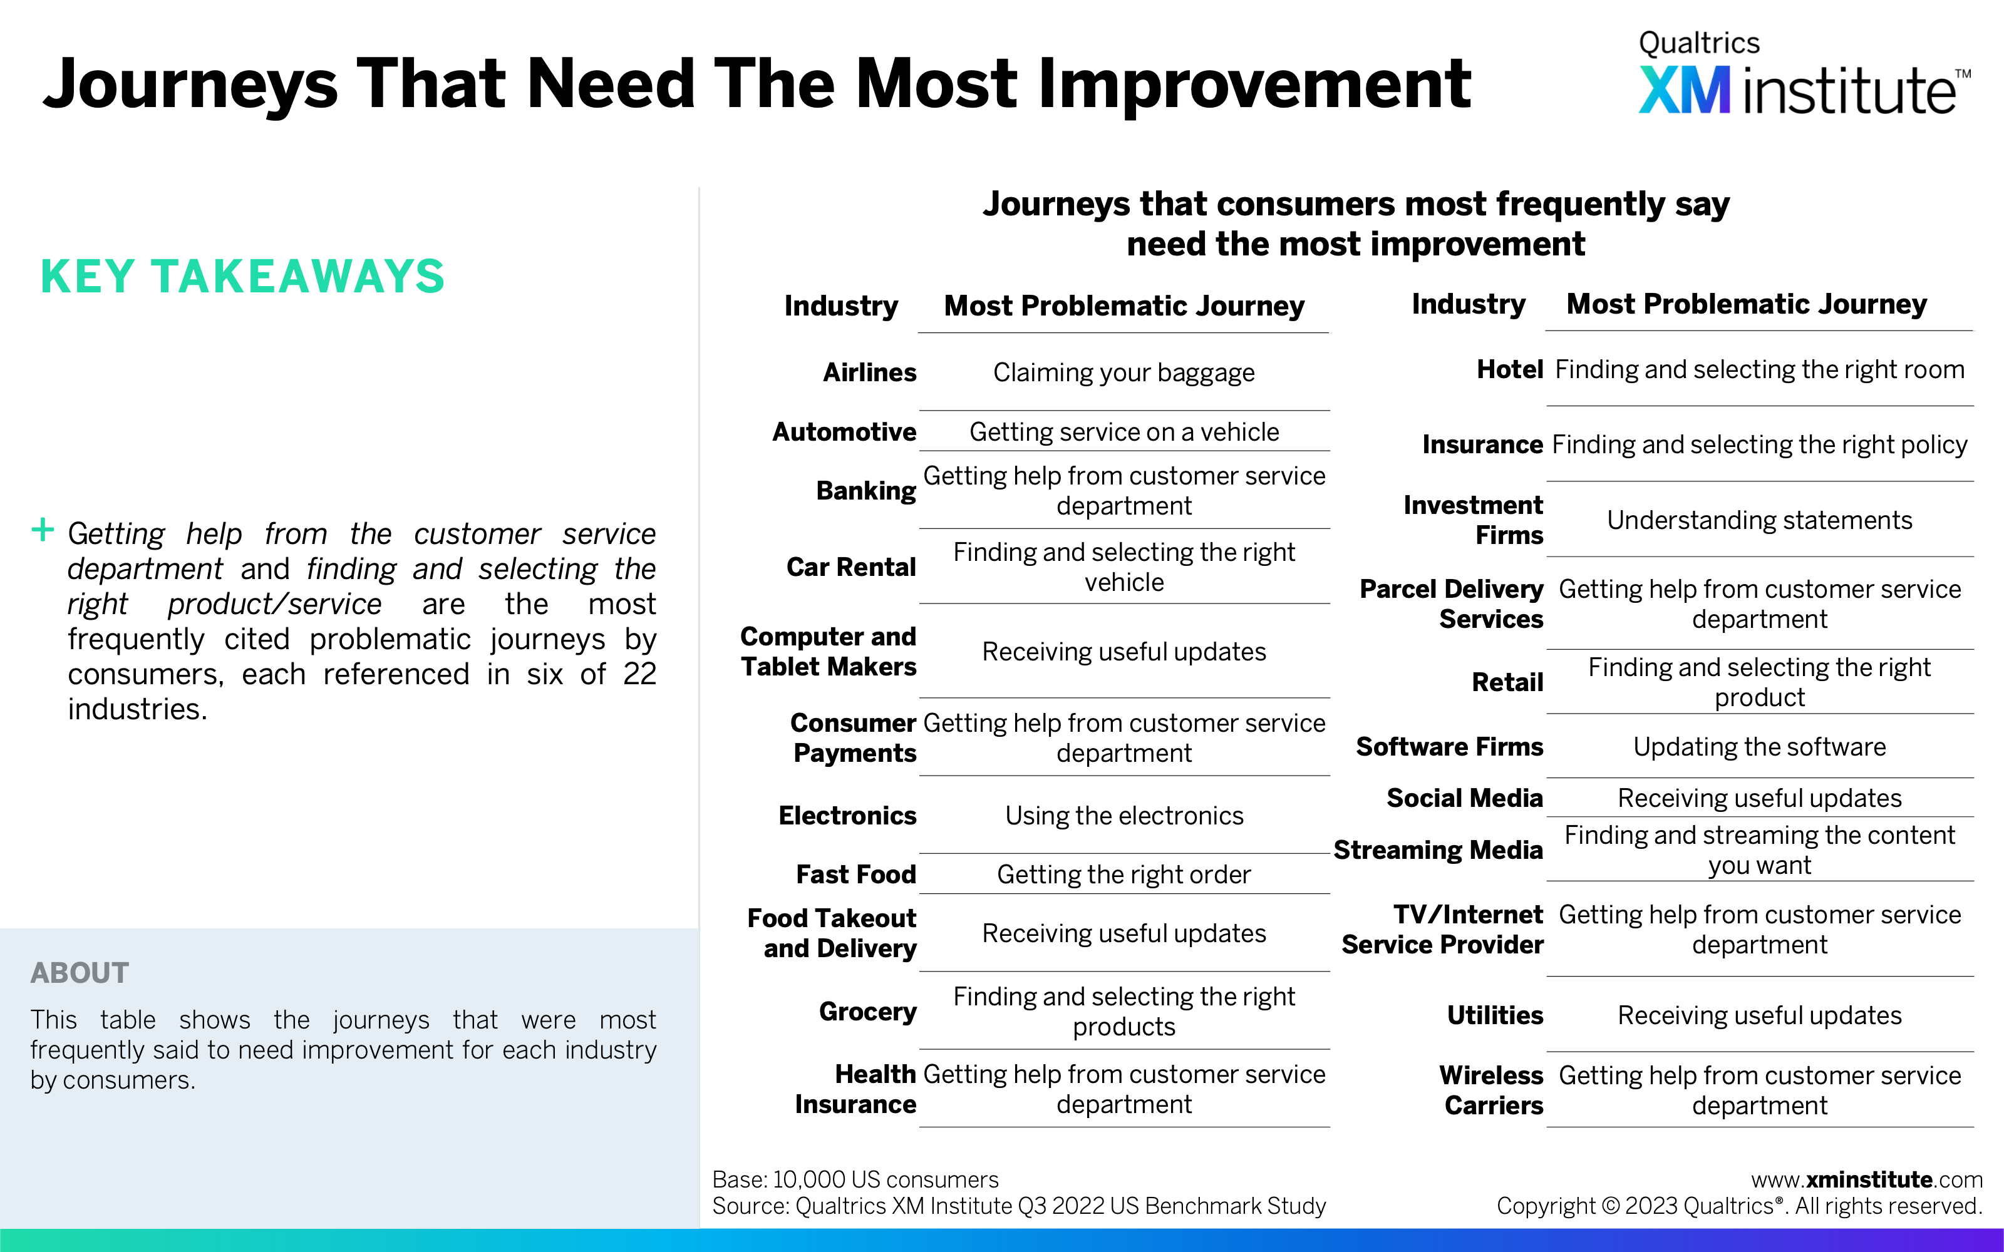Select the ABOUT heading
click(x=80, y=972)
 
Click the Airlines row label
click(x=869, y=372)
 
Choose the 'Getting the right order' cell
click(x=1123, y=875)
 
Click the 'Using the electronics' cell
click(x=1123, y=816)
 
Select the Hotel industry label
click(x=1510, y=369)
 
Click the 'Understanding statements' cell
click(x=1760, y=520)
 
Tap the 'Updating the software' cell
click(x=1760, y=747)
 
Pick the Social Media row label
click(x=1465, y=798)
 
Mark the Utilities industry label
click(x=1495, y=1015)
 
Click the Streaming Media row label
click(x=1438, y=850)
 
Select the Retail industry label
click(x=1507, y=682)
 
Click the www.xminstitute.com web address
click(x=1866, y=1179)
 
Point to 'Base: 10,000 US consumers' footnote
click(x=855, y=1179)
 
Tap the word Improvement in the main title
click(x=1254, y=85)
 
